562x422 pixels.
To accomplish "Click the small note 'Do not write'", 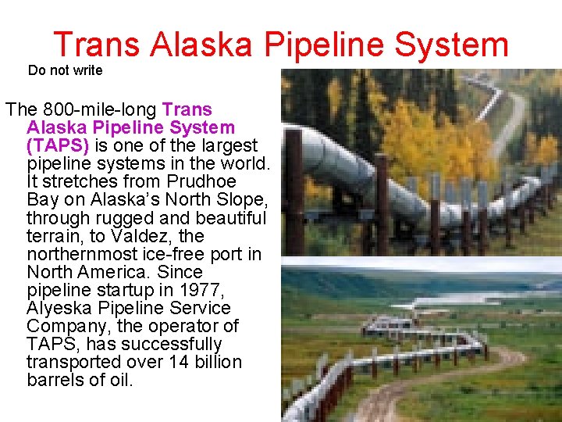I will [x=65, y=70].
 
